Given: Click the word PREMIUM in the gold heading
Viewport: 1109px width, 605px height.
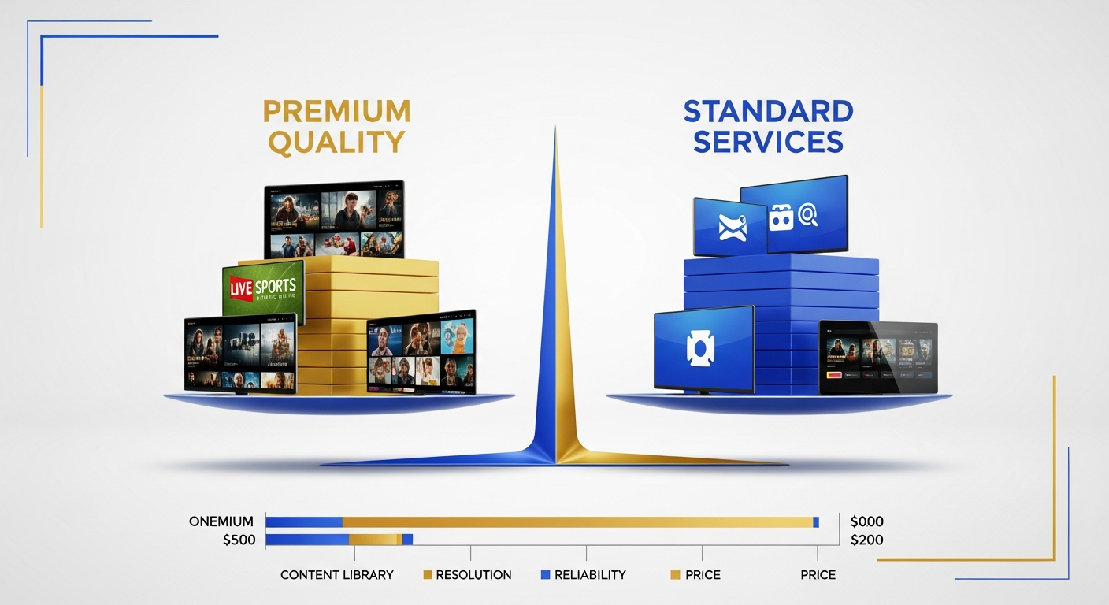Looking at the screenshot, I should click(336, 111).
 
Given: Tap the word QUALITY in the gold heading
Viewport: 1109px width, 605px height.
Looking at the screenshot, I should click(336, 142).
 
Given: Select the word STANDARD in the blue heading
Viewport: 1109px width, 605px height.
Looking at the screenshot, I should click(768, 111).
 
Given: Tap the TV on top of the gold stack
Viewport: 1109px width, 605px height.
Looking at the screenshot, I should click(334, 220).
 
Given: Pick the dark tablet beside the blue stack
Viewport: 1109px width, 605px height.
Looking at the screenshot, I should click(878, 357).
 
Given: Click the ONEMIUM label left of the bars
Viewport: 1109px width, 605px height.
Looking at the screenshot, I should click(221, 521).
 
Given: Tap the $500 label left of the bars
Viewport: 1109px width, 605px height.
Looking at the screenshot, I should click(238, 540).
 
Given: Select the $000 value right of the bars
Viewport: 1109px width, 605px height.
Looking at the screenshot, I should click(867, 521).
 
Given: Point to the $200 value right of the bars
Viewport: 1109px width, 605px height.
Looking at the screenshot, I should click(867, 540).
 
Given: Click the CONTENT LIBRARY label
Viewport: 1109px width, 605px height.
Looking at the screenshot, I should click(336, 575).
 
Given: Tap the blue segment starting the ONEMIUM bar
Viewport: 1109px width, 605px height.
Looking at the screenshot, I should click(304, 521).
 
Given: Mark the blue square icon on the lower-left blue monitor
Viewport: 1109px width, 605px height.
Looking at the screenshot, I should click(699, 349).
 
